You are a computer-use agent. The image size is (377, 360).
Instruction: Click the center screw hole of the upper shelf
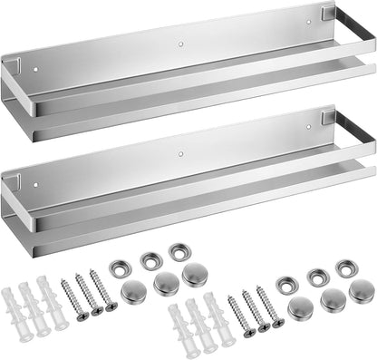click(180, 42)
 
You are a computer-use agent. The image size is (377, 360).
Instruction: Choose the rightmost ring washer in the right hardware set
click(344, 268)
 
